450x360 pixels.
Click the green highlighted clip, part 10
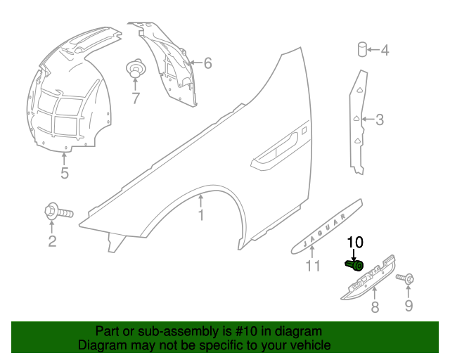[354, 265]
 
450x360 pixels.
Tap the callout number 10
[355, 243]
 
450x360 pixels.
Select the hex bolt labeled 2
[59, 212]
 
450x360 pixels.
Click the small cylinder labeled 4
[362, 49]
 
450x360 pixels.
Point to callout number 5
[65, 173]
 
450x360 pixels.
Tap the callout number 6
[208, 63]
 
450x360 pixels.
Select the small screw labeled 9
[405, 278]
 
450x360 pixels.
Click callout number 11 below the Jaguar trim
[313, 266]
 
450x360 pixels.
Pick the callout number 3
[380, 120]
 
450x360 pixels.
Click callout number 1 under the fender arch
[201, 215]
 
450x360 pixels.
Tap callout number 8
[375, 307]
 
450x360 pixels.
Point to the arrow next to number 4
[373, 49]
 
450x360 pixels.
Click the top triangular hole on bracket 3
[359, 90]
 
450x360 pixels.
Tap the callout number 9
[409, 305]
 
